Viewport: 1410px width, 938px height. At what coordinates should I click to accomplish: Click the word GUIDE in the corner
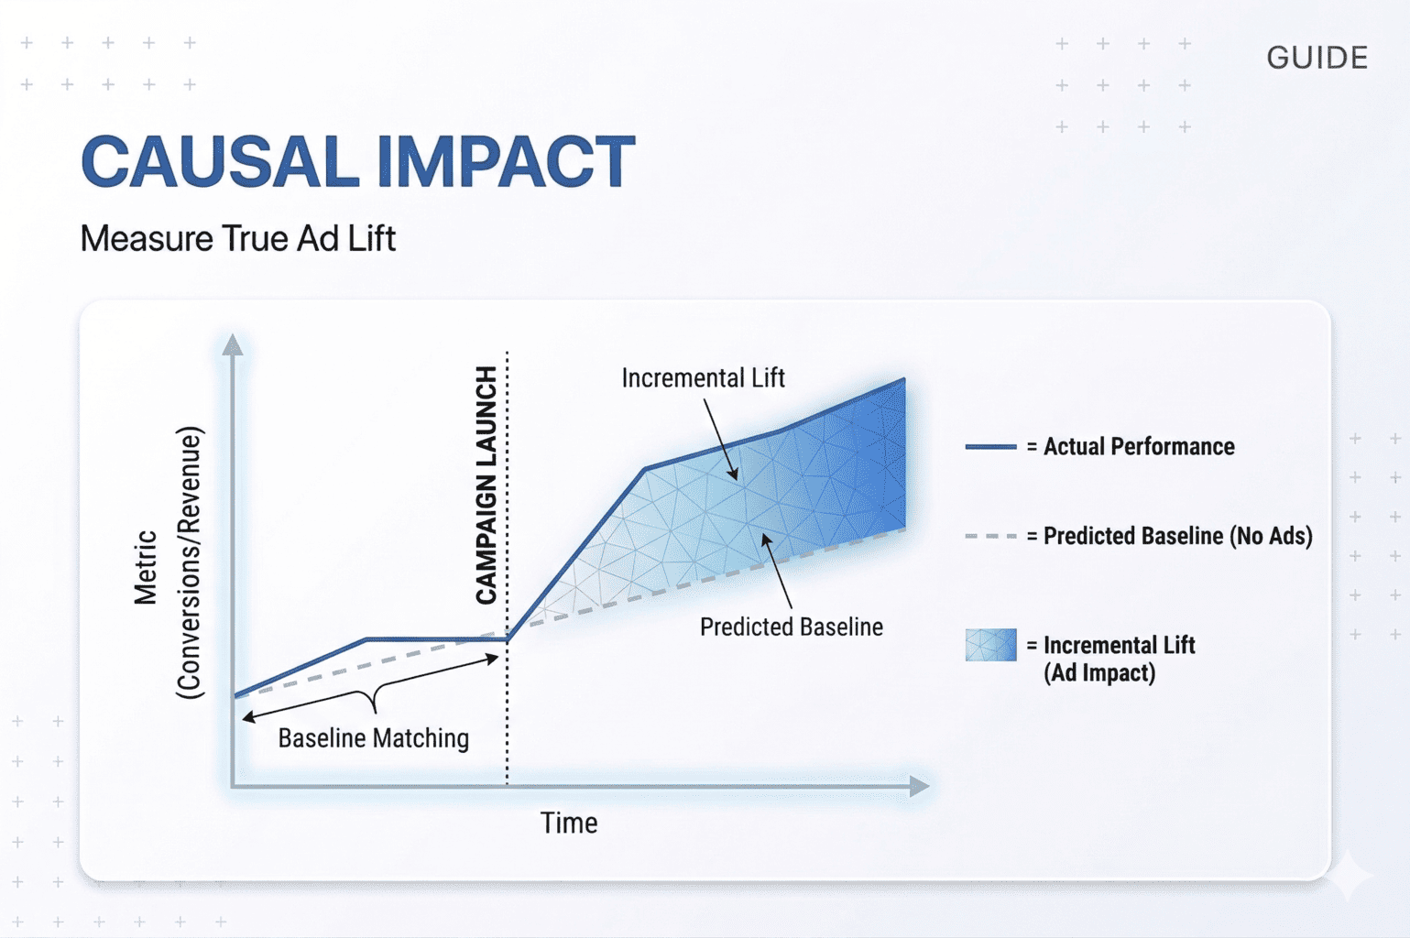1317,58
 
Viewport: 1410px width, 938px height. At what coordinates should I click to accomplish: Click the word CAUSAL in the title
220,162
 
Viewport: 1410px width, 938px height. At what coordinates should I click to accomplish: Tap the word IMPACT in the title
505,162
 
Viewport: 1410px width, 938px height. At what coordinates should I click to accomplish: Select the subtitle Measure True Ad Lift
237,239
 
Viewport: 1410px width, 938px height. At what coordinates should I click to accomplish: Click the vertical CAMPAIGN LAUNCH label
486,485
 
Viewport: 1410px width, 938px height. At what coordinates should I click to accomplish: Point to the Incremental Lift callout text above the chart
703,378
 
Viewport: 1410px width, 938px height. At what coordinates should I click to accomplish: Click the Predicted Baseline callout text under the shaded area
791,627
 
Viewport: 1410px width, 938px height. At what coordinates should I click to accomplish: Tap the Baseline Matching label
373,738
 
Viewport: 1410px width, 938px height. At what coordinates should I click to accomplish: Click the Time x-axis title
568,823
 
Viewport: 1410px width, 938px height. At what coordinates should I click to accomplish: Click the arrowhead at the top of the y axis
233,345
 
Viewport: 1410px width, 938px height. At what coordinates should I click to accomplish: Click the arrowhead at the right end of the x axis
919,786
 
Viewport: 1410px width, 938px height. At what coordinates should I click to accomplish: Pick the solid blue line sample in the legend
990,447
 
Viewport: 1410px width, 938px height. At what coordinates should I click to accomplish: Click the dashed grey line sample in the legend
990,536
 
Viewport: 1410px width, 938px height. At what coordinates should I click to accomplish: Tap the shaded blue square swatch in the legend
990,645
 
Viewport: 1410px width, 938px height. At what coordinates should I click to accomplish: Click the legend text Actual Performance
1139,447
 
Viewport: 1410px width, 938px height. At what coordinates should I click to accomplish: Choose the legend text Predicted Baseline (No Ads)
1177,536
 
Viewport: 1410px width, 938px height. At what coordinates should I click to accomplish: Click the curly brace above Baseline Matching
373,698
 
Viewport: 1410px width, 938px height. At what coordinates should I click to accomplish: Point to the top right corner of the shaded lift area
903,380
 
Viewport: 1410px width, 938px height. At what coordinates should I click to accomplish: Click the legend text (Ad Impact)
1099,673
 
